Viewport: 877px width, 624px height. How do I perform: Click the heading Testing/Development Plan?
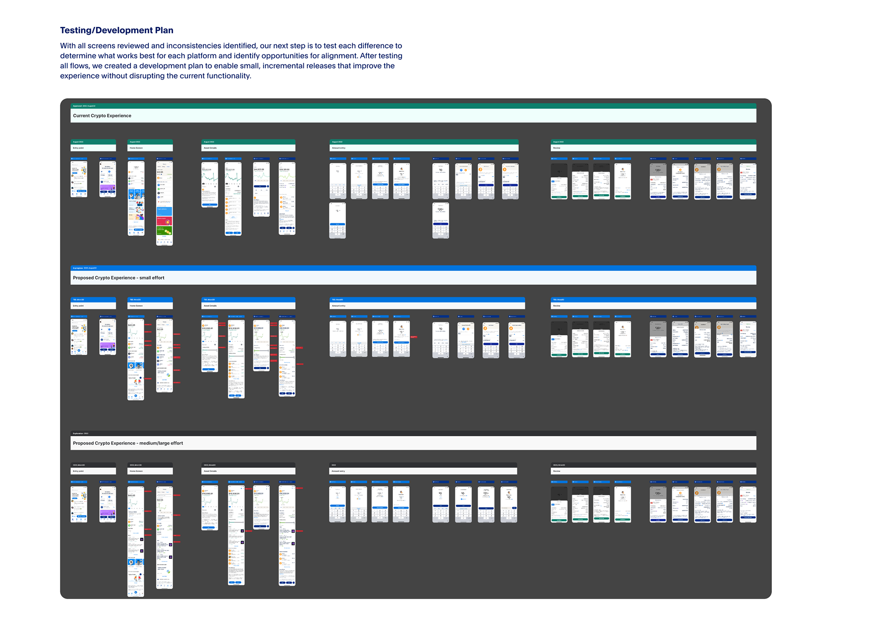pos(116,31)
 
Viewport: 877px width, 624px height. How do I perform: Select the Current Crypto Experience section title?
pos(102,116)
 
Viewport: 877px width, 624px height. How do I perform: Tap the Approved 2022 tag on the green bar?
pos(84,106)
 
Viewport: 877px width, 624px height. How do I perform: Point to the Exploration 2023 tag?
pos(80,434)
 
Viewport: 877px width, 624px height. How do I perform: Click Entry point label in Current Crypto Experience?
pos(78,148)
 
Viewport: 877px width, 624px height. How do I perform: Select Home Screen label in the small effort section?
pos(136,306)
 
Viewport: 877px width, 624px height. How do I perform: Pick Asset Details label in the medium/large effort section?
pos(210,471)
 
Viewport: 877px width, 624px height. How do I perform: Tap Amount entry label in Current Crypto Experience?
pos(338,148)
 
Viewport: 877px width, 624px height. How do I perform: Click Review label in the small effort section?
pos(556,306)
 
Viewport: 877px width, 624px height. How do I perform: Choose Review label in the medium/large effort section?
pos(556,471)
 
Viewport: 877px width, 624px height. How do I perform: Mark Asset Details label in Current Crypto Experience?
pos(210,148)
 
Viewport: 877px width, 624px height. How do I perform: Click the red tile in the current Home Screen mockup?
pos(164,221)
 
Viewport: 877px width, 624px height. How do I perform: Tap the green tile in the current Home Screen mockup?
pos(164,231)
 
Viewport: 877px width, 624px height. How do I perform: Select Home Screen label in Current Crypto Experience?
pos(136,148)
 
